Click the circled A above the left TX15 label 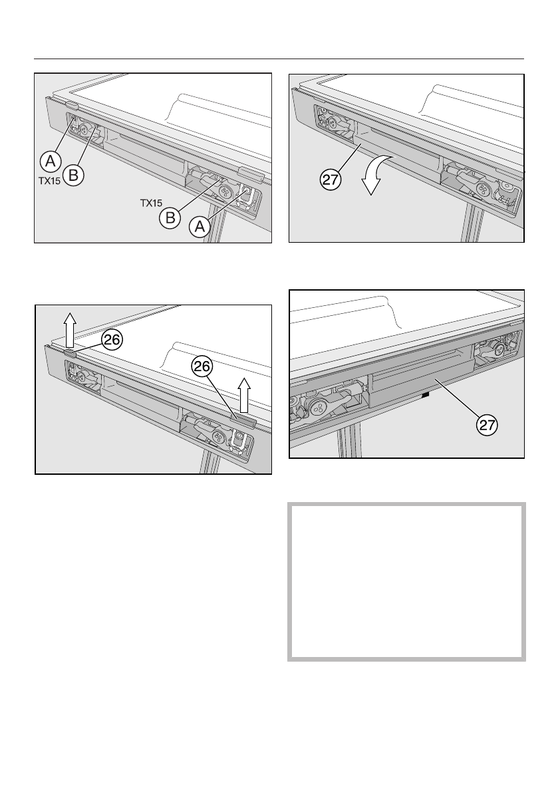coord(51,162)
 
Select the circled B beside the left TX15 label coord(73,176)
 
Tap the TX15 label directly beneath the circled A coord(49,180)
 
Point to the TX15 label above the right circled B coord(151,203)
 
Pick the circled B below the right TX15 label coord(170,217)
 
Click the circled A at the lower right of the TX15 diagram coord(200,227)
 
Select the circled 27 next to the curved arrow coord(331,180)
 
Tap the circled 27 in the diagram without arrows coord(487,425)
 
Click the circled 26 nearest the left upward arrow coord(112,339)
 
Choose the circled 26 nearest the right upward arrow coord(202,366)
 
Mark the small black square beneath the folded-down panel coord(426,396)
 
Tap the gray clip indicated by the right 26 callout coord(243,418)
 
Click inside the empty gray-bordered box coord(406,581)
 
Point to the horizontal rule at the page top coord(279,59)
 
